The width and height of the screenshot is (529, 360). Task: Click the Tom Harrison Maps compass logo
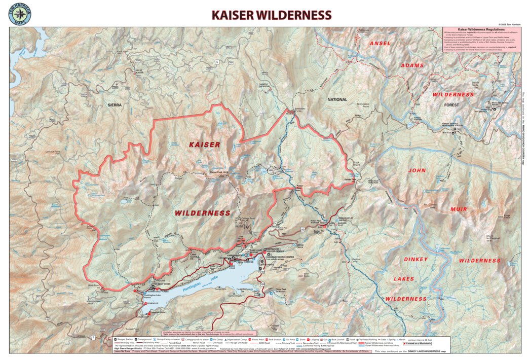pos(19,13)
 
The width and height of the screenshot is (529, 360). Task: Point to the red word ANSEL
pos(380,44)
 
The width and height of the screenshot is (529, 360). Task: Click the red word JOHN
pos(416,170)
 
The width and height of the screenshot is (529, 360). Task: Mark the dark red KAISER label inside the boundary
pos(204,145)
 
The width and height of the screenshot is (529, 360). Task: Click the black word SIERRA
pos(115,104)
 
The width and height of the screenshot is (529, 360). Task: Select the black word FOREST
pos(451,105)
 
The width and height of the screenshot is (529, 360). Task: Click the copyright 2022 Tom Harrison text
pos(509,24)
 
